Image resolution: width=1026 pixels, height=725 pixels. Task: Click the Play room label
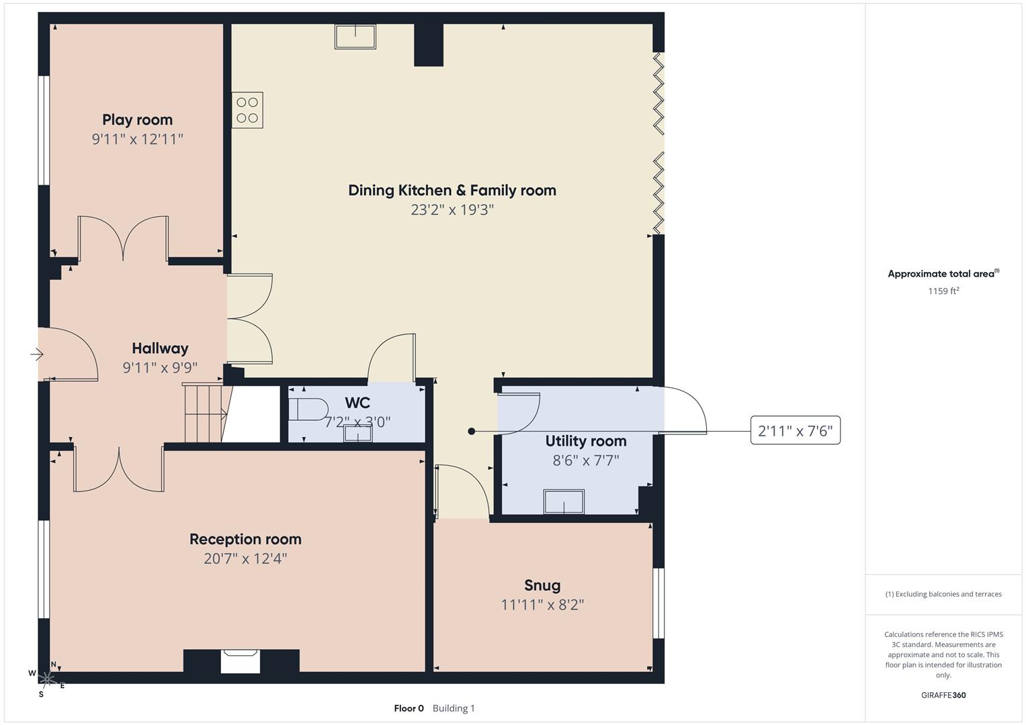point(137,119)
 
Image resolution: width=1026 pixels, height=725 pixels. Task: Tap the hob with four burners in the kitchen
point(247,110)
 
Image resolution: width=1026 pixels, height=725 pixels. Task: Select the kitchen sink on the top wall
point(355,36)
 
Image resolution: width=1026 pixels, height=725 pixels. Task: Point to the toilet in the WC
point(308,409)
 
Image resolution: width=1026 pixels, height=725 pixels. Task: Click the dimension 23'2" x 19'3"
point(452,209)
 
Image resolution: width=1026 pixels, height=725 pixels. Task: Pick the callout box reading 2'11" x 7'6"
point(795,431)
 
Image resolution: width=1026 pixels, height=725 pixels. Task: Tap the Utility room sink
point(563,501)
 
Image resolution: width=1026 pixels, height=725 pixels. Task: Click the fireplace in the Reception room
point(241,661)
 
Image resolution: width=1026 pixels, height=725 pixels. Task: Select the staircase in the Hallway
point(204,413)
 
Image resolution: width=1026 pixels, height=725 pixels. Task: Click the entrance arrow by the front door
point(36,354)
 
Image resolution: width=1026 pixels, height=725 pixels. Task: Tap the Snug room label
point(542,585)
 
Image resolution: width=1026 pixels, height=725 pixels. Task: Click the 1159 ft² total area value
point(943,291)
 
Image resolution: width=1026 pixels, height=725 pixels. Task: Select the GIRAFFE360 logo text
point(943,695)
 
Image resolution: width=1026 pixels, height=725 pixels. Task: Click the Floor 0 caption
point(409,708)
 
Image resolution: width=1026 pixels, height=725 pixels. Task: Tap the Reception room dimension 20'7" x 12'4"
point(245,559)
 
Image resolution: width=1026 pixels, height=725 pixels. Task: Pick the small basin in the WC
point(358,434)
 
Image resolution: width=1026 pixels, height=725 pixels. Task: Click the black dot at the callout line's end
point(472,432)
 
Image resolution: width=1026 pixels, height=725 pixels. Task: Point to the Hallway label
point(160,348)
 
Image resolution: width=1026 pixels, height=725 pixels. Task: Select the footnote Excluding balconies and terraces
point(943,594)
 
